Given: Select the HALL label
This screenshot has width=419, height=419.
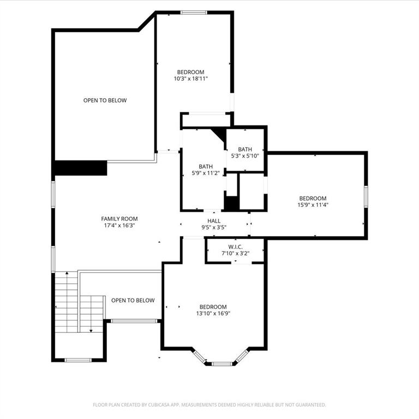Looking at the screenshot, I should click(x=214, y=220).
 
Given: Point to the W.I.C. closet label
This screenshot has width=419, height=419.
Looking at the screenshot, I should click(x=235, y=247).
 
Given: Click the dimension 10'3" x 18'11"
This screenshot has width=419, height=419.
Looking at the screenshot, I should click(x=190, y=79).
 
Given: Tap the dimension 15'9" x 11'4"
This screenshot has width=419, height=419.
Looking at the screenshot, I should click(x=313, y=205).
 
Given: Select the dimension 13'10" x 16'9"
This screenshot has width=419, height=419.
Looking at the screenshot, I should click(x=213, y=313).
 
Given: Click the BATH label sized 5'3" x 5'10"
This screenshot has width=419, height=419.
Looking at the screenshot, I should click(x=245, y=149).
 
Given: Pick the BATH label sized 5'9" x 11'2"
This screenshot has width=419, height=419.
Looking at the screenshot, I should click(x=206, y=166).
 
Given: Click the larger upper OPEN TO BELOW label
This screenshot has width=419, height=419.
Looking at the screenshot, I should click(x=105, y=100).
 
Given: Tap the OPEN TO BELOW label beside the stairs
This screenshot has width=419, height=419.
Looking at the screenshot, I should click(x=133, y=300).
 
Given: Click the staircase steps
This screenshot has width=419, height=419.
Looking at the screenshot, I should click(x=66, y=300).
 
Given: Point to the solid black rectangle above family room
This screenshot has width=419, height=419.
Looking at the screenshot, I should click(x=80, y=168).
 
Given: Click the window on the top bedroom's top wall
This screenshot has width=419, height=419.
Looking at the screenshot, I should click(x=194, y=13).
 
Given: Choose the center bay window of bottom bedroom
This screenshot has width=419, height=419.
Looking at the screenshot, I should click(x=221, y=363).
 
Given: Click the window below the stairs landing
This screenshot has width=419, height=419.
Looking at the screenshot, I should click(x=78, y=360).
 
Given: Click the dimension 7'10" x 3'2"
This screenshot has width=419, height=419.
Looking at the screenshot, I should click(x=235, y=254).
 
